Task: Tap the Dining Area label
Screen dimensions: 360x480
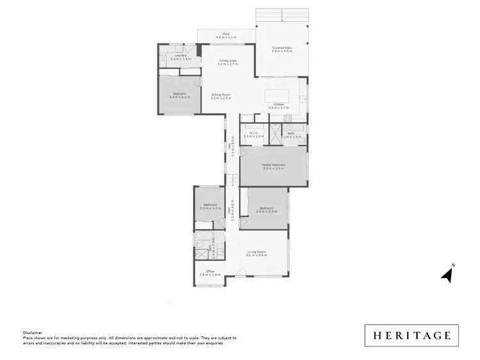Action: click(x=228, y=62)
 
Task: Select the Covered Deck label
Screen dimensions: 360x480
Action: click(x=282, y=49)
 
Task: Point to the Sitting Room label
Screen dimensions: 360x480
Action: click(x=221, y=96)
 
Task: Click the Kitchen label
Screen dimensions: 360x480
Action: click(x=279, y=106)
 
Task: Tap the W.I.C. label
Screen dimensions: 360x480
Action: click(x=254, y=135)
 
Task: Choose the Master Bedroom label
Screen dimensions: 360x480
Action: click(x=273, y=166)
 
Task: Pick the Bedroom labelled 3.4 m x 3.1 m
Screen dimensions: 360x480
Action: click(x=179, y=96)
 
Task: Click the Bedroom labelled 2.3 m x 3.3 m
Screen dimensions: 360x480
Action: click(x=210, y=206)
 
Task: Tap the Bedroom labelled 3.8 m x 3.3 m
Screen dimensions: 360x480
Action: click(x=265, y=209)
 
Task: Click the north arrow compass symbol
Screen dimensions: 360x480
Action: click(x=447, y=274)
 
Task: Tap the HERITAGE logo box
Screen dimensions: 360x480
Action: click(x=412, y=335)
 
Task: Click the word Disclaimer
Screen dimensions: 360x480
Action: click(x=32, y=333)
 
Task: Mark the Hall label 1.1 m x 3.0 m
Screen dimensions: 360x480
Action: click(x=232, y=149)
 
